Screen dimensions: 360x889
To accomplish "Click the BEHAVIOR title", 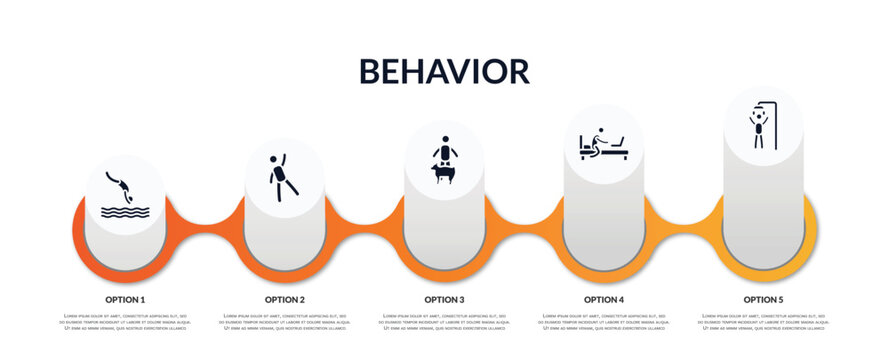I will point(444,71).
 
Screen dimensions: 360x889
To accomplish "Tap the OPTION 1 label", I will point(125,299).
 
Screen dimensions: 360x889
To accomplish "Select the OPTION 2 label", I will point(285,299).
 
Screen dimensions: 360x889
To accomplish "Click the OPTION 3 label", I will point(444,299).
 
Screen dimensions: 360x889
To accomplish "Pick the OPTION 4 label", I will point(604,299).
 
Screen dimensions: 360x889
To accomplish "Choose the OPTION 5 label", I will point(763,299).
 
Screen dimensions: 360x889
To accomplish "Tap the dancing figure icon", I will point(282,177).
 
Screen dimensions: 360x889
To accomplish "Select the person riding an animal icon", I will point(443,160).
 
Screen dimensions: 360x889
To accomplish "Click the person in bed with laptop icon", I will point(603,145).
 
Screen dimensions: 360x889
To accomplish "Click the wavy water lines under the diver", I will point(125,211).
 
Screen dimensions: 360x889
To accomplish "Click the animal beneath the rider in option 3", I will point(443,173).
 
